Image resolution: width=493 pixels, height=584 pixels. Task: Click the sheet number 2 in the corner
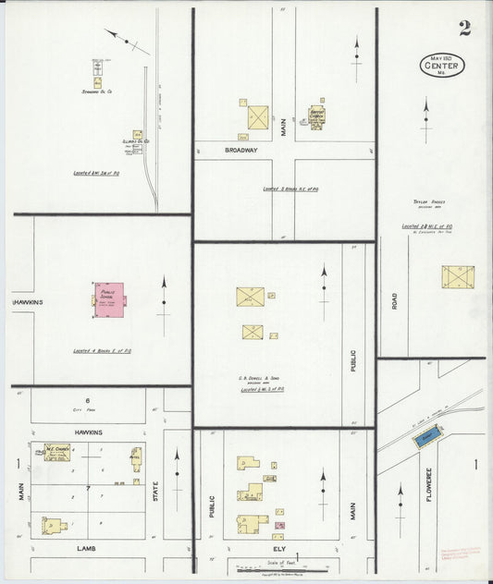point(463,27)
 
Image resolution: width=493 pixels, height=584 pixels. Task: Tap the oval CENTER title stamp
point(443,67)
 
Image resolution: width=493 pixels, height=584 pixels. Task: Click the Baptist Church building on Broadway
point(317,116)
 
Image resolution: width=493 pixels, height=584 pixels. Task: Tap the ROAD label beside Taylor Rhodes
point(394,301)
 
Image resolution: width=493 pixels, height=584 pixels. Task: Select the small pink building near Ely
point(277,525)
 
